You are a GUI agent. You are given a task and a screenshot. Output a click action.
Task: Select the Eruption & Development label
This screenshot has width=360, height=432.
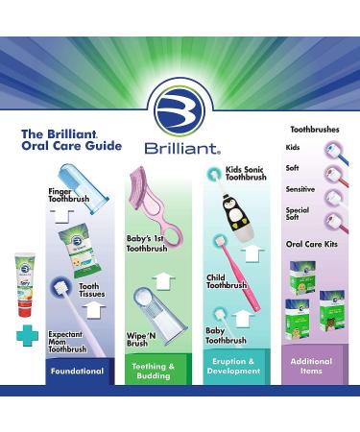point(234,397)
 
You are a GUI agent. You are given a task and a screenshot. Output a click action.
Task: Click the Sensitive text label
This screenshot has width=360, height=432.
point(299,189)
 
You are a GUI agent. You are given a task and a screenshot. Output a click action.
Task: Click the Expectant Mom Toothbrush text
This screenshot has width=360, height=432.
point(69,343)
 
